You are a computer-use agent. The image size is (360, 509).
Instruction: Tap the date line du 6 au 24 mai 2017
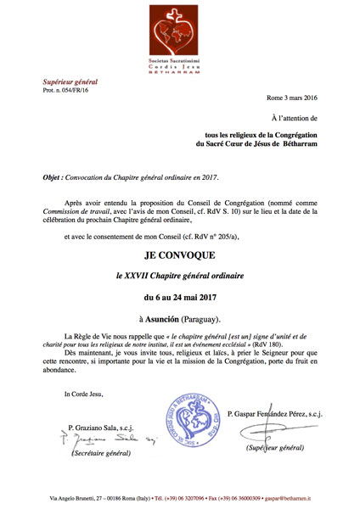point(180,299)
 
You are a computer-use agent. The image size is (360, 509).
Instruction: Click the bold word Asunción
point(165,322)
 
